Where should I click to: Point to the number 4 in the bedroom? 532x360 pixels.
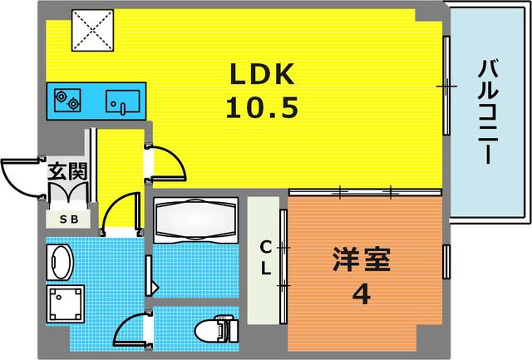pyautogui.click(x=360, y=295)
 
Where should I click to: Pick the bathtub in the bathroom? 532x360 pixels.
pyautogui.click(x=196, y=220)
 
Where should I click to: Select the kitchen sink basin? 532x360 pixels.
pyautogui.click(x=121, y=102)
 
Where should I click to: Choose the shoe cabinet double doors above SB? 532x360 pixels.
pyautogui.click(x=67, y=195)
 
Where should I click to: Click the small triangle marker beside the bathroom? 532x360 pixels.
pyautogui.click(x=154, y=288)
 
